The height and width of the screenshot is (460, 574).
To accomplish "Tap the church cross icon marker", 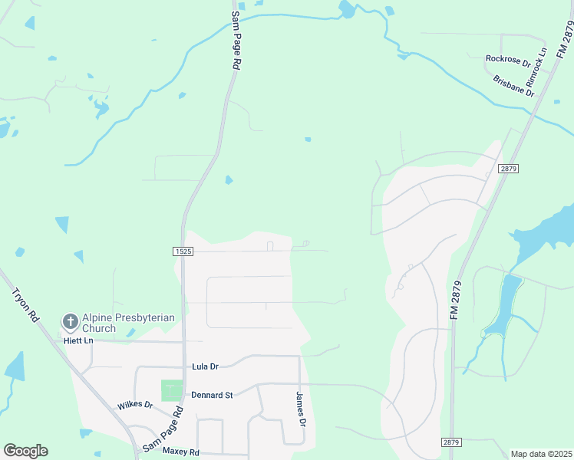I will click(70, 321).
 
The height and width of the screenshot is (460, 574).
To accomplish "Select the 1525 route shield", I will click(182, 251).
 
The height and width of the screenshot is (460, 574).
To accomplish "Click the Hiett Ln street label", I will click(78, 340).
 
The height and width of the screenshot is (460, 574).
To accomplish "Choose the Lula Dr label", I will click(205, 366).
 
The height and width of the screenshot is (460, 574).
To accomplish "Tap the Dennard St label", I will click(213, 395).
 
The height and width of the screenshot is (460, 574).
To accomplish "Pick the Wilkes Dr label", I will click(135, 404).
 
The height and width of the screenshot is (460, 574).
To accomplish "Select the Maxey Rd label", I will click(181, 452).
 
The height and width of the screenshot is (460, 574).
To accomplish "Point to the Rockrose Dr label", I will click(508, 58).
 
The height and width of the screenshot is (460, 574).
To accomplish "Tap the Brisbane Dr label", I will click(513, 84).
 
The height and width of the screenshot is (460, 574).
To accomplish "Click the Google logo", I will click(25, 451).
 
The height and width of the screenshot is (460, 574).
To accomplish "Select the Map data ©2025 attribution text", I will click(541, 454).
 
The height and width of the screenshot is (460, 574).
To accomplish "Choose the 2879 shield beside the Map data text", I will click(452, 442).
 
